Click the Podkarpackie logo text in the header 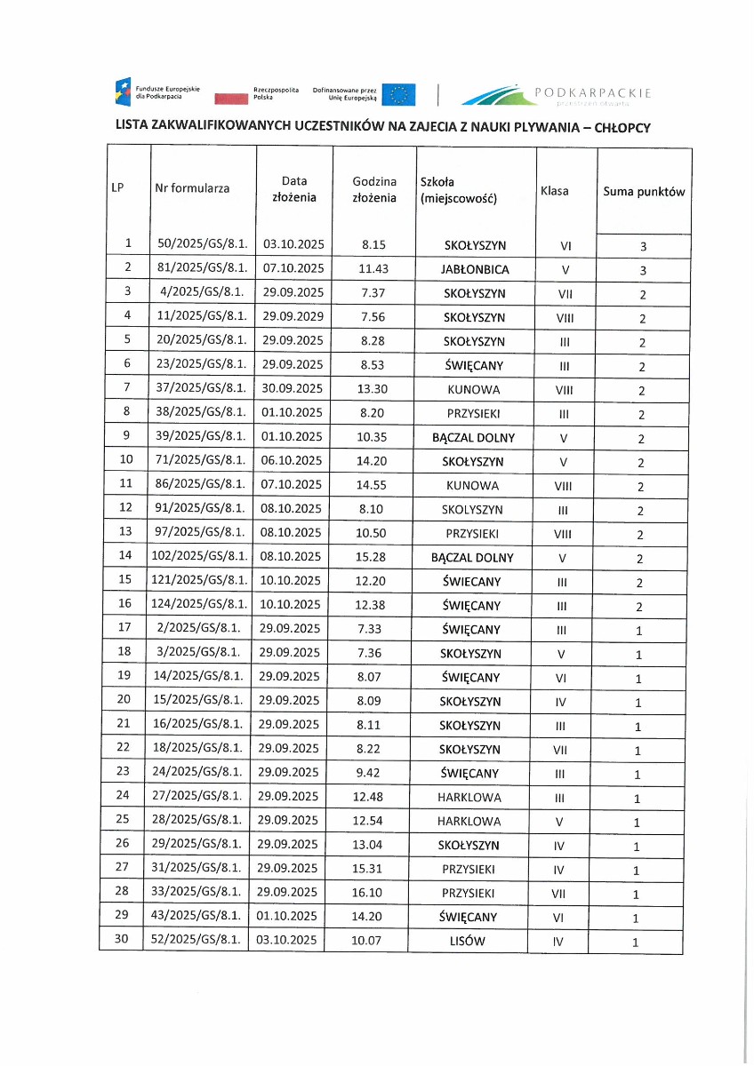tap(594, 92)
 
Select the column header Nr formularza tap(192, 188)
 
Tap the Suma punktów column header tap(644, 191)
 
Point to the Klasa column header tap(555, 191)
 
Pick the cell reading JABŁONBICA tap(475, 269)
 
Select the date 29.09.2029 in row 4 tap(292, 316)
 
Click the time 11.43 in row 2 tap(373, 268)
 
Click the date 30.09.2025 tap(292, 389)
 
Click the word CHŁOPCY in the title tap(622, 127)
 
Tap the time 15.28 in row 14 tap(373, 557)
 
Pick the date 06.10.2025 tap(292, 461)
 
